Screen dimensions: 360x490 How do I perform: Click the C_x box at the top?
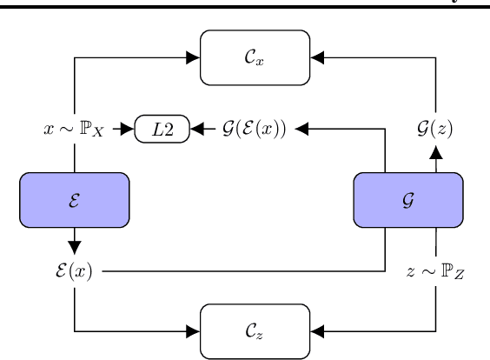(x=255, y=58)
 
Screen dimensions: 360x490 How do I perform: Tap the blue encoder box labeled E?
(x=75, y=197)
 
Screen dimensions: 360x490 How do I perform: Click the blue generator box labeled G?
(x=408, y=197)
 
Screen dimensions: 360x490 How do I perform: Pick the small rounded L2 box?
(x=162, y=130)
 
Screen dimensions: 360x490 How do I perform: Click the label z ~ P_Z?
(x=434, y=262)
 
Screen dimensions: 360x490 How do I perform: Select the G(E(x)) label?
(x=253, y=130)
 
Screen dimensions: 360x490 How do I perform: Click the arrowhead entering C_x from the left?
(x=193, y=58)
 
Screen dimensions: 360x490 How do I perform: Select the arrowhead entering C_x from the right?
(x=316, y=58)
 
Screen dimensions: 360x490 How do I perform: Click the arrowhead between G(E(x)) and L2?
(x=197, y=130)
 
